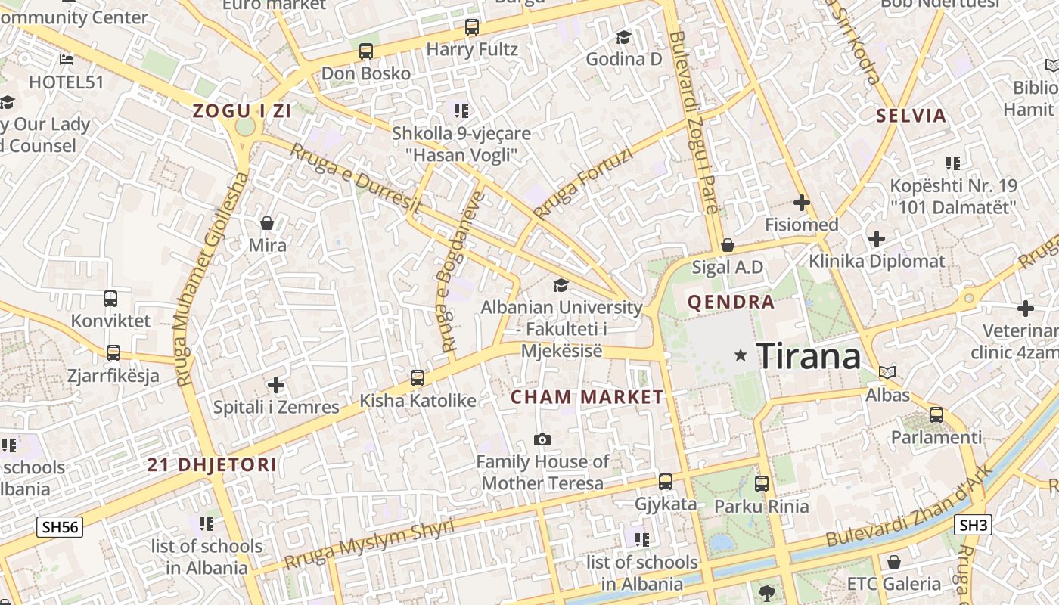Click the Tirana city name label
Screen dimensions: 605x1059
[x=808, y=355]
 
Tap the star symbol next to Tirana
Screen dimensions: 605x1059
[x=741, y=355]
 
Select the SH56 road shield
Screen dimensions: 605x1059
[x=60, y=527]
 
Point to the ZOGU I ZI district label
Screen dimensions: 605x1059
[x=241, y=111]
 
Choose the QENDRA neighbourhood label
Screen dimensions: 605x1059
[x=731, y=302]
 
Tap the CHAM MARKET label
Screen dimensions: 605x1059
[x=587, y=397]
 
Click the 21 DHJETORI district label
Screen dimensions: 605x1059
[x=212, y=464]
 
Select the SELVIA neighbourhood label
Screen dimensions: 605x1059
[x=911, y=116]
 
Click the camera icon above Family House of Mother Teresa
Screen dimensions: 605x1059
[x=542, y=439]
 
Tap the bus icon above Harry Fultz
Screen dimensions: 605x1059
[x=472, y=27]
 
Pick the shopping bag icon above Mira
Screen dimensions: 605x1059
[x=267, y=223]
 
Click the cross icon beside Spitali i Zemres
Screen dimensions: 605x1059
[x=276, y=385]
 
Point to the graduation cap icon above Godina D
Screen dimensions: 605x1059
[x=623, y=37]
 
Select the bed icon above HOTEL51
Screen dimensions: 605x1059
[x=67, y=59]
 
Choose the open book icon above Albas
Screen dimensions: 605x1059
[x=887, y=372]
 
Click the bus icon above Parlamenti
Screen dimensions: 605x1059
[x=936, y=414]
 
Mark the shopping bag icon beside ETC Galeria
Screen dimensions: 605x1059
[x=893, y=562]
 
